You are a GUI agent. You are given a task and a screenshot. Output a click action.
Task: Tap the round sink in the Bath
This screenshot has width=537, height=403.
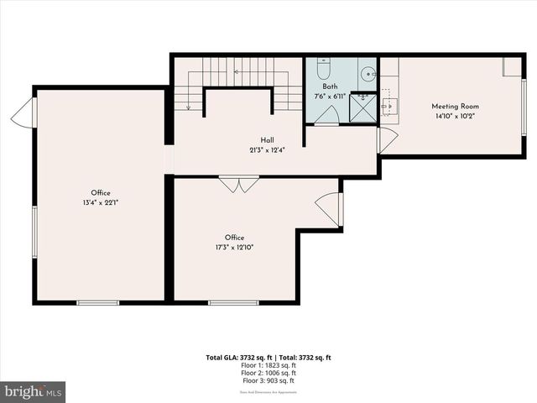[x=368, y=75]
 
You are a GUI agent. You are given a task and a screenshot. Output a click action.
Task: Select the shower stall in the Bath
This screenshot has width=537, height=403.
[x=362, y=108]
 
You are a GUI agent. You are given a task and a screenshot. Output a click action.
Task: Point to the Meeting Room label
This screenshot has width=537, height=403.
[x=455, y=107]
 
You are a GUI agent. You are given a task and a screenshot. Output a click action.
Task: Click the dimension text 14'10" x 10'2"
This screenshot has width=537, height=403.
[x=455, y=117]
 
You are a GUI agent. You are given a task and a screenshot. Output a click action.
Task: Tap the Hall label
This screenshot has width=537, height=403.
[x=267, y=140]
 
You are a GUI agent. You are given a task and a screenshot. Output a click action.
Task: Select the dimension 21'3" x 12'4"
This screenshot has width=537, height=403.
[x=267, y=150]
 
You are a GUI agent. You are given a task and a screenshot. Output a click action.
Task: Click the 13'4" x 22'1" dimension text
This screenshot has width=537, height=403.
[x=101, y=203]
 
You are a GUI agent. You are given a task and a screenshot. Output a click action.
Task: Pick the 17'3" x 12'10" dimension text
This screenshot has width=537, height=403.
[x=234, y=248]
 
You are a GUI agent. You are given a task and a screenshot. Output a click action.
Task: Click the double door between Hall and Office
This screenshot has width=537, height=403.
[x=238, y=184]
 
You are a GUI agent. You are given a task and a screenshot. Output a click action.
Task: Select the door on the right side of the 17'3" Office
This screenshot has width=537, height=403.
[x=330, y=210]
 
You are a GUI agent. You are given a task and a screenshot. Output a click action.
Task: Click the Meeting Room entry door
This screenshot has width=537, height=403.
[x=387, y=139]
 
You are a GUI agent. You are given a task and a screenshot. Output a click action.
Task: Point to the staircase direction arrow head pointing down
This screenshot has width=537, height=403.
[x=189, y=107]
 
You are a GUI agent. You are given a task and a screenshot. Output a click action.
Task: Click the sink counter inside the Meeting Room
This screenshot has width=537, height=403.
[x=388, y=104]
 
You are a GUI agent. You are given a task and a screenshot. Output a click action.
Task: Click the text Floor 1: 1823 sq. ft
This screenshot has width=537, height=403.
[x=268, y=365]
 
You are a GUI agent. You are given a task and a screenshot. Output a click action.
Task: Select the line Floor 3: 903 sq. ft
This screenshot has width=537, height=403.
[x=268, y=381]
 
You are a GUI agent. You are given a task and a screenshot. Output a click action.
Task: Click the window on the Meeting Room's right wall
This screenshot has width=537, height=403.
[x=524, y=107]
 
